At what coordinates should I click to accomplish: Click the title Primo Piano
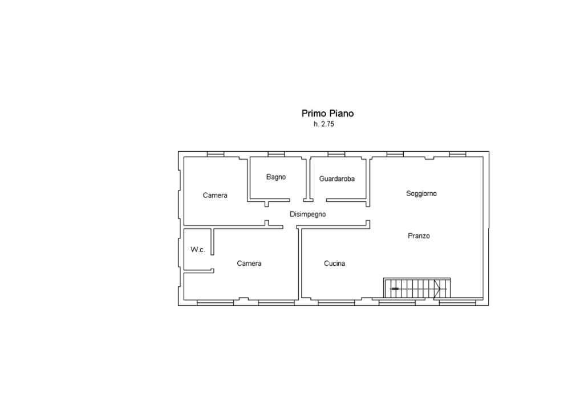(327, 114)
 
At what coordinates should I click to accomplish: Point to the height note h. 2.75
(324, 124)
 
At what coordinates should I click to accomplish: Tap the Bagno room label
(276, 177)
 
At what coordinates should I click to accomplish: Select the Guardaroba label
(336, 179)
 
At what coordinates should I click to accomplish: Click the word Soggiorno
(421, 194)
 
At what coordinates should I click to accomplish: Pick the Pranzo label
(419, 236)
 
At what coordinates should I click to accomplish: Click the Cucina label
(334, 264)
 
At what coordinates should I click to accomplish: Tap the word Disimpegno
(307, 214)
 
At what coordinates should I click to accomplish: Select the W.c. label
(198, 250)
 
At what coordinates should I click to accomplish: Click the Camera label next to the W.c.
(249, 264)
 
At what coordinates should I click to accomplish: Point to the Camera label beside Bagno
(215, 195)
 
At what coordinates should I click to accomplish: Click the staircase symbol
(417, 288)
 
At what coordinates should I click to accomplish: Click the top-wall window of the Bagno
(277, 154)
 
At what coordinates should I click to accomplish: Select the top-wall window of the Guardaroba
(336, 154)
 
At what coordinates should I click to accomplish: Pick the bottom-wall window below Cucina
(336, 303)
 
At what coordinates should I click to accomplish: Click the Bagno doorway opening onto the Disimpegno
(297, 200)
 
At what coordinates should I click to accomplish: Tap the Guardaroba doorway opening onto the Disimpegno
(319, 200)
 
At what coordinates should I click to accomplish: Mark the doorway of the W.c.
(212, 262)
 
